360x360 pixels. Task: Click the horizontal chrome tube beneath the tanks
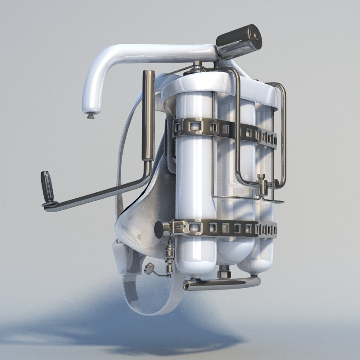pyautogui.click(x=222, y=283)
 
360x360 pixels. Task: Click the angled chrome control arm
pyautogui.click(x=100, y=195)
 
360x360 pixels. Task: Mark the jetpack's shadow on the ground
pyautogui.click(x=133, y=330)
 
